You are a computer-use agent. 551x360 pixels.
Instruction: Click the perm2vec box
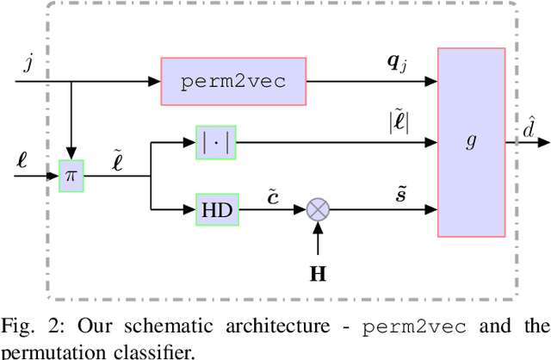pyautogui.click(x=233, y=82)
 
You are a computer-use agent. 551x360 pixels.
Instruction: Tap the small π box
pyautogui.click(x=72, y=176)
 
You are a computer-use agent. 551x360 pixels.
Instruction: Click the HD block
pyautogui.click(x=215, y=208)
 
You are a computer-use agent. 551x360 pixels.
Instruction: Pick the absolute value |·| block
pyautogui.click(x=215, y=143)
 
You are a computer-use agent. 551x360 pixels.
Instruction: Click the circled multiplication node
pyautogui.click(x=318, y=208)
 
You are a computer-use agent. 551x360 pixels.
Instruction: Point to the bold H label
pyautogui.click(x=318, y=275)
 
